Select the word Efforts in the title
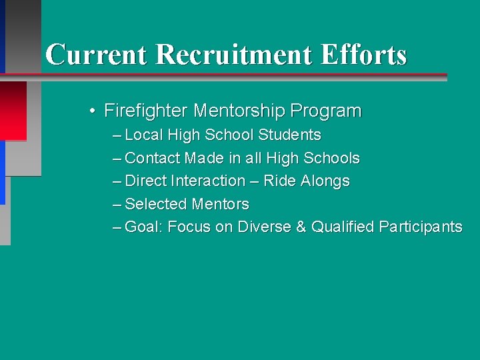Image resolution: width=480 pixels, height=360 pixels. [363, 55]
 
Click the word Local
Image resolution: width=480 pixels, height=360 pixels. [144, 135]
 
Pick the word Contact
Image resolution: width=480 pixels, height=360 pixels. [153, 158]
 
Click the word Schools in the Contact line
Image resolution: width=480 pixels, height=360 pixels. [331, 158]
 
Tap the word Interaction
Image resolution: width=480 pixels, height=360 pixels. [208, 181]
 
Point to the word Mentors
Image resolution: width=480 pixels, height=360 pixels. [220, 204]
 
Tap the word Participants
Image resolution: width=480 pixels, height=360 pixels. [421, 227]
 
